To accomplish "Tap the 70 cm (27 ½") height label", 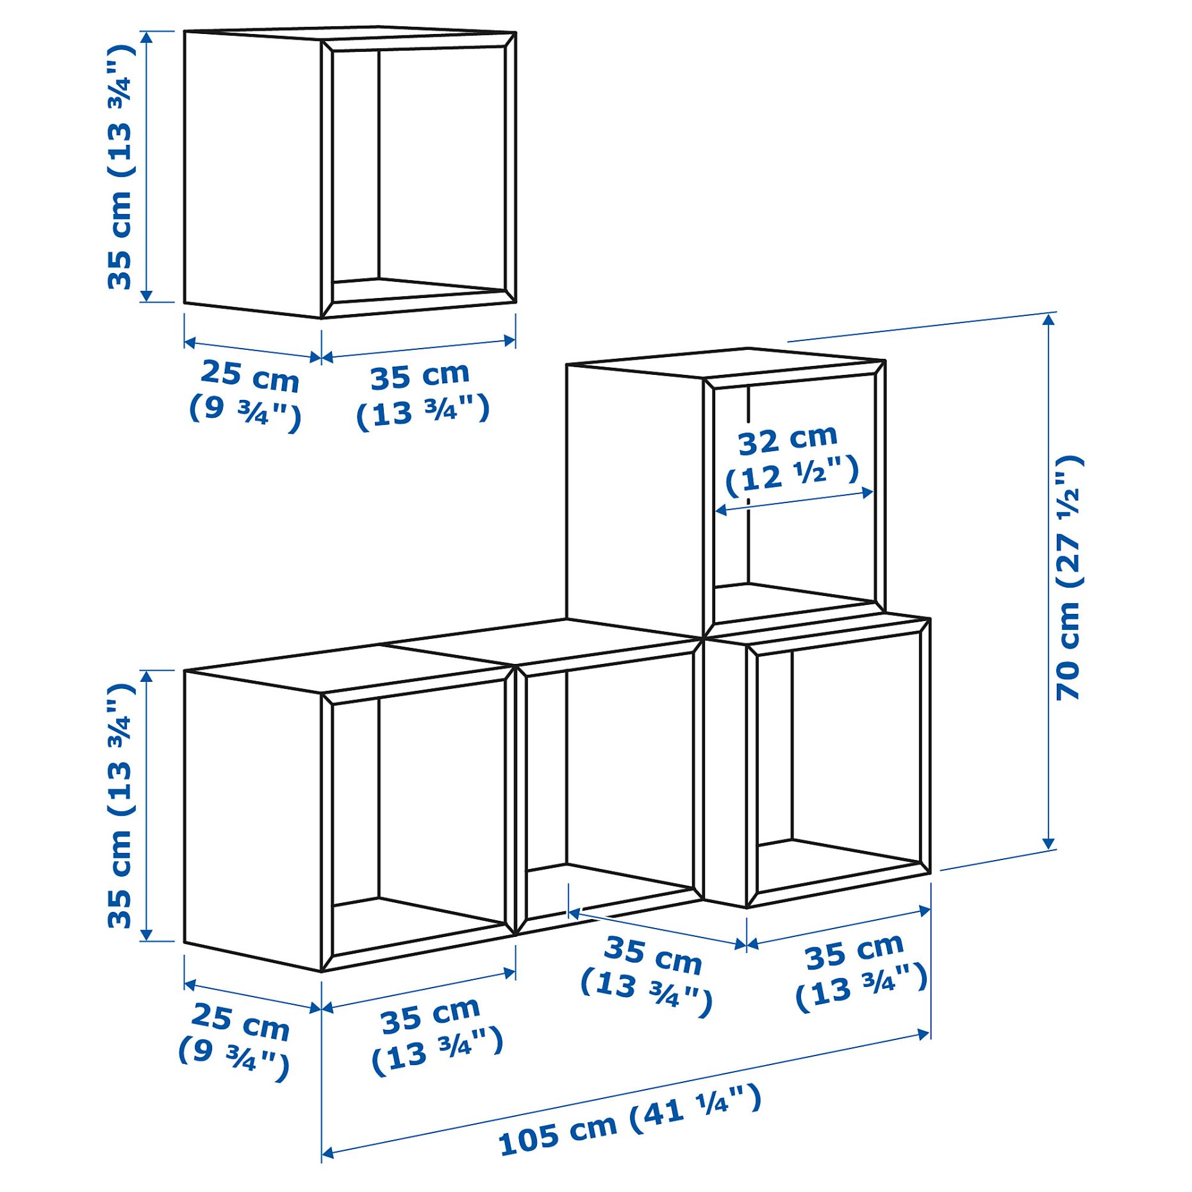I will (1068, 577).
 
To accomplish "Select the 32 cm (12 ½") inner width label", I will (791, 458).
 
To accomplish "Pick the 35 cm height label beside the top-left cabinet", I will (120, 167).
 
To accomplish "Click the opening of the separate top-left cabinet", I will (420, 173).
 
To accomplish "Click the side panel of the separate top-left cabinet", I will (253, 173).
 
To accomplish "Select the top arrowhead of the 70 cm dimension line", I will (1048, 319).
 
